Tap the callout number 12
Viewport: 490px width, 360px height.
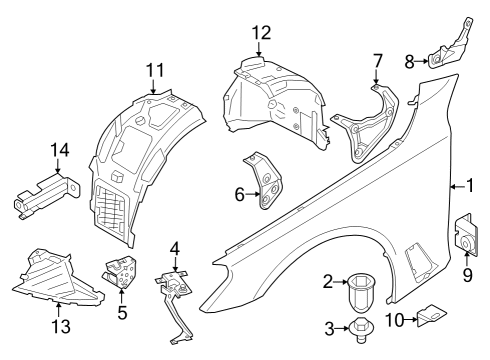(x=261, y=33)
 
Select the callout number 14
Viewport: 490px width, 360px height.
(x=60, y=150)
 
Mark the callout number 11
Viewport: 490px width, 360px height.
(x=153, y=71)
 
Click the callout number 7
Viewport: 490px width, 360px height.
(x=377, y=59)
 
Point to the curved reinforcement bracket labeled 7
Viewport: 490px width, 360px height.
(x=367, y=125)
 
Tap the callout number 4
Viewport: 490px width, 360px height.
(x=174, y=246)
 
